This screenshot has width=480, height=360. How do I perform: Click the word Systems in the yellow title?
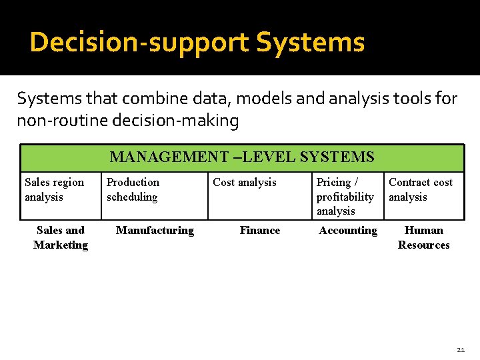coord(311,43)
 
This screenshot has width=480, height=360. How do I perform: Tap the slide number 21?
coord(461,349)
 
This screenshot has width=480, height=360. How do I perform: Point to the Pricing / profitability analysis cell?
coord(345,197)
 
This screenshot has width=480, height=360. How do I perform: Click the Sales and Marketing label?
coord(61,237)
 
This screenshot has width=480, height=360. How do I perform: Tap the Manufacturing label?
coord(155,231)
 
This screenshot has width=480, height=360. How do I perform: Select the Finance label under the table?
coord(260,231)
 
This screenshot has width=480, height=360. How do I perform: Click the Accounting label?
coord(348,231)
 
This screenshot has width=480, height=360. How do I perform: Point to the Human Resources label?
coord(424,237)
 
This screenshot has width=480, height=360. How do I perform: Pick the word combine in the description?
coord(149,99)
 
